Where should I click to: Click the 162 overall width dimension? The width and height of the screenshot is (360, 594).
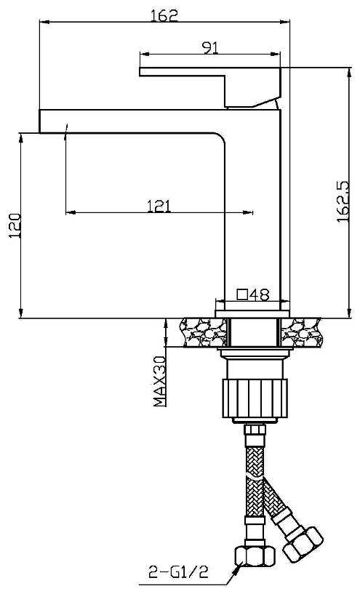164,15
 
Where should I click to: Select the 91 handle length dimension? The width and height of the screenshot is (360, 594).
210,47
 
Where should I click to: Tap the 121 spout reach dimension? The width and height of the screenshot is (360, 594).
159,206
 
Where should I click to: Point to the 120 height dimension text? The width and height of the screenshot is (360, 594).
15,226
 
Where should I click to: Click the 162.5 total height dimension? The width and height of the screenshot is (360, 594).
343,201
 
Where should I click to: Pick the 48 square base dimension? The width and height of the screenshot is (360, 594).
260,294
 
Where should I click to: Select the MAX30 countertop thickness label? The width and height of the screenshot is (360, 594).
159,381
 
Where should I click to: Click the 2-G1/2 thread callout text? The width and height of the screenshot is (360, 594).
178,571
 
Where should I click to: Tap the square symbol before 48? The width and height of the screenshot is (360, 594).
242,294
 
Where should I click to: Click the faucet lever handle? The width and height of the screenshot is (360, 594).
210,87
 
